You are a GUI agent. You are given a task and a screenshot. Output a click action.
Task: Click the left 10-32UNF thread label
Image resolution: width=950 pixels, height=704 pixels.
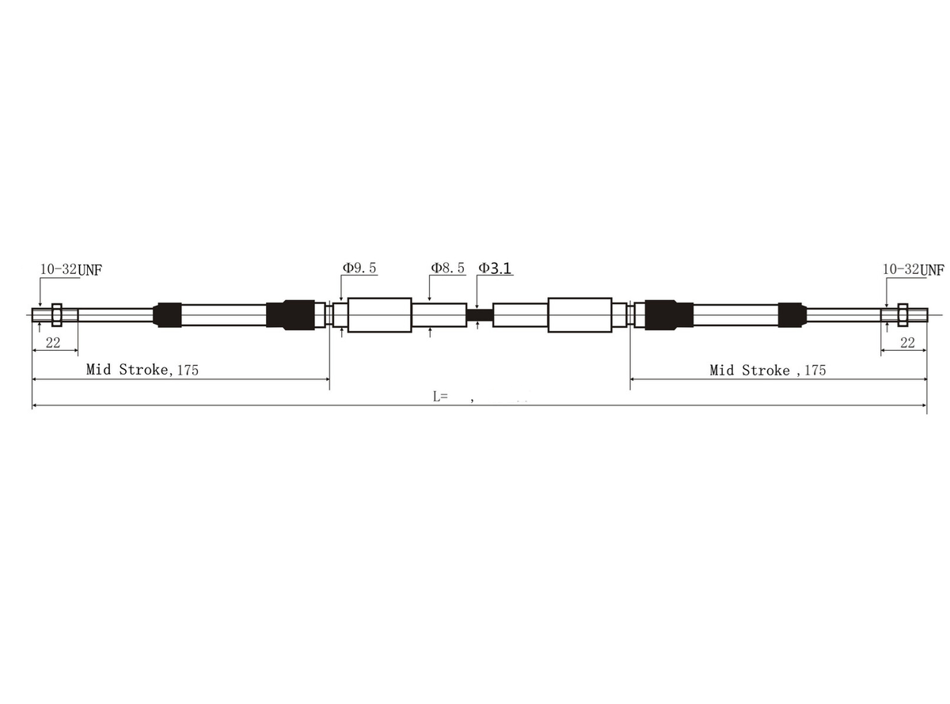tap(71, 269)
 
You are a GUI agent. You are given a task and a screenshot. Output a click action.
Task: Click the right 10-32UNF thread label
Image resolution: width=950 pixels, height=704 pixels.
tap(913, 269)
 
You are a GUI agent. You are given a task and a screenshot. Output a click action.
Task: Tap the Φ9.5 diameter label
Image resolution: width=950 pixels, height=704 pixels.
tap(359, 268)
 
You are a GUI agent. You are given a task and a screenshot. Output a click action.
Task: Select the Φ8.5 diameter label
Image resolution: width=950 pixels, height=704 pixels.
tap(447, 268)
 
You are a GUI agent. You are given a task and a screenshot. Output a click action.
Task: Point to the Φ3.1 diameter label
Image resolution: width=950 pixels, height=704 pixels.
tap(495, 268)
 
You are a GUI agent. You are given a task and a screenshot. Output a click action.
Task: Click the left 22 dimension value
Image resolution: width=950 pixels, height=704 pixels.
tap(53, 343)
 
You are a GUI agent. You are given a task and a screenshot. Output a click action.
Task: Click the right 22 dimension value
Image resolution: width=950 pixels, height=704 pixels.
tap(907, 343)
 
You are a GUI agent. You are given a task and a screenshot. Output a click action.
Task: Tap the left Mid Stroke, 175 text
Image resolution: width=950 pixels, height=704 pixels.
tap(142, 370)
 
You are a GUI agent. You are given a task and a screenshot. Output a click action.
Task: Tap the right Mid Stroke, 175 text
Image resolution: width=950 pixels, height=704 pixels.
tap(768, 370)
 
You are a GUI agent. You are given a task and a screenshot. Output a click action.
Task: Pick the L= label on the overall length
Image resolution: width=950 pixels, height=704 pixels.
tap(440, 397)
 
